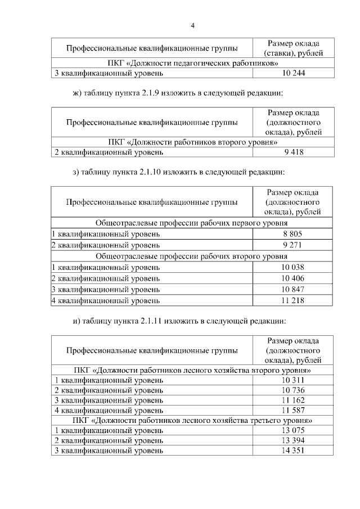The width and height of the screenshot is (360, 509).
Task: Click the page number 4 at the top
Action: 192,25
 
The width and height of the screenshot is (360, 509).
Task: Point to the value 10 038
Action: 293,267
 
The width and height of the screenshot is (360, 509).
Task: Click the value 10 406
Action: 293,278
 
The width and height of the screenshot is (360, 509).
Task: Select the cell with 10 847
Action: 293,290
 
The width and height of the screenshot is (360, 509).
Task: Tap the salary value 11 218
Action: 293,301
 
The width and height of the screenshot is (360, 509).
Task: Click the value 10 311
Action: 293,380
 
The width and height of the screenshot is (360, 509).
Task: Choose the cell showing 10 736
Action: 293,390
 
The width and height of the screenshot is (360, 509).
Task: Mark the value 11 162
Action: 293,400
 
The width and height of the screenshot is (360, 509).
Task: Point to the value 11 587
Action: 293,411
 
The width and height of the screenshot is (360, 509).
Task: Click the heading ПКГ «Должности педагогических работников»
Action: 192,63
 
